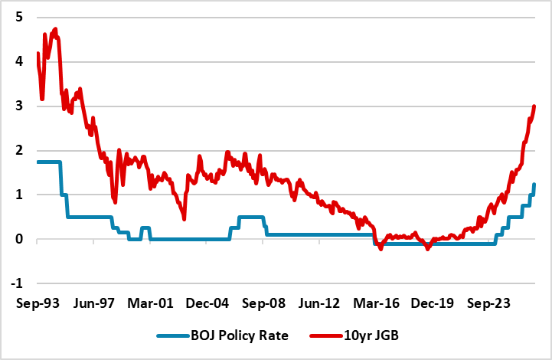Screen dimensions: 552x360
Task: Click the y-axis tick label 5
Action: tap(19, 17)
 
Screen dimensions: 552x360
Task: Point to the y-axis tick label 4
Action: tap(19, 61)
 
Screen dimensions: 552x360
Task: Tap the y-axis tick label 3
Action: tap(19, 106)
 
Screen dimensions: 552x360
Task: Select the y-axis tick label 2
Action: tap(19, 150)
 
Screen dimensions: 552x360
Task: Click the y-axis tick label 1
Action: tap(19, 195)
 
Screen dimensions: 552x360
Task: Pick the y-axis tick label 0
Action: tap(19, 239)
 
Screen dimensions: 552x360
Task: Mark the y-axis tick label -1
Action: tap(17, 283)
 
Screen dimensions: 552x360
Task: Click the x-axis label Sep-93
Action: tap(38, 303)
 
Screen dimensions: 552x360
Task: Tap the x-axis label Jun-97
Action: tap(94, 303)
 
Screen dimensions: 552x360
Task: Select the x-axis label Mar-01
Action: tap(150, 303)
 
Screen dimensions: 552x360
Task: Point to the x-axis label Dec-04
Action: tap(207, 303)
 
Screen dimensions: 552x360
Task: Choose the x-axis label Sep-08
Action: tap(263, 303)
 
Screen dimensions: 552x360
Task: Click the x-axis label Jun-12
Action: tap(319, 303)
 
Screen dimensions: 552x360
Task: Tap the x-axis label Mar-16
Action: tap(377, 303)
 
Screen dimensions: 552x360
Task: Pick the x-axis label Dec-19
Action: tap(433, 303)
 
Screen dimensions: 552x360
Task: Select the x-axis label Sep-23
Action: tap(488, 303)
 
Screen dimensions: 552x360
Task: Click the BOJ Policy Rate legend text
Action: tap(240, 335)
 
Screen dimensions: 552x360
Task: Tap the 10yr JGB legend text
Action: tap(371, 335)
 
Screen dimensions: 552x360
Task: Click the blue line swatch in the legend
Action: tap(173, 336)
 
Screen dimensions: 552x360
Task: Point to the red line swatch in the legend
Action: tap(326, 336)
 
